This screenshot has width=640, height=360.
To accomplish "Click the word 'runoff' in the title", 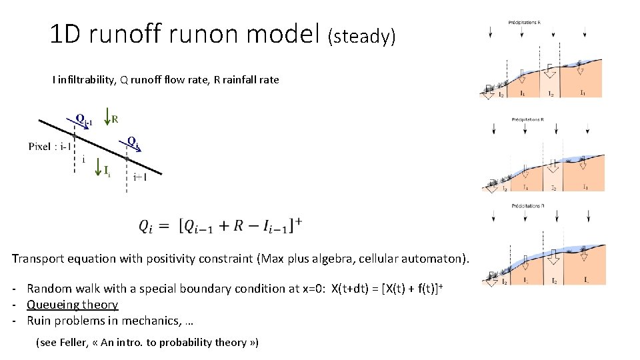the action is click(x=127, y=33).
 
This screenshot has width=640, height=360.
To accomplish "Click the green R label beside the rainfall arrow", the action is click(x=115, y=120).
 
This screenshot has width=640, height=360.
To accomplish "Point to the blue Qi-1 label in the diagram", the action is click(x=84, y=121).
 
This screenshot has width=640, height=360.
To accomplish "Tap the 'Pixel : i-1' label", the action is click(x=49, y=146).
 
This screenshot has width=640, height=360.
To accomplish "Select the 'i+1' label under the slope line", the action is click(x=140, y=177).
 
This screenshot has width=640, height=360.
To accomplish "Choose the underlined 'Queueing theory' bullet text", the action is click(x=72, y=305).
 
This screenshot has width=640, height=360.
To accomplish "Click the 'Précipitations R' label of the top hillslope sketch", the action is click(x=525, y=22).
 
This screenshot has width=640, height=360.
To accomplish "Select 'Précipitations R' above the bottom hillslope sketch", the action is click(x=527, y=206).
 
